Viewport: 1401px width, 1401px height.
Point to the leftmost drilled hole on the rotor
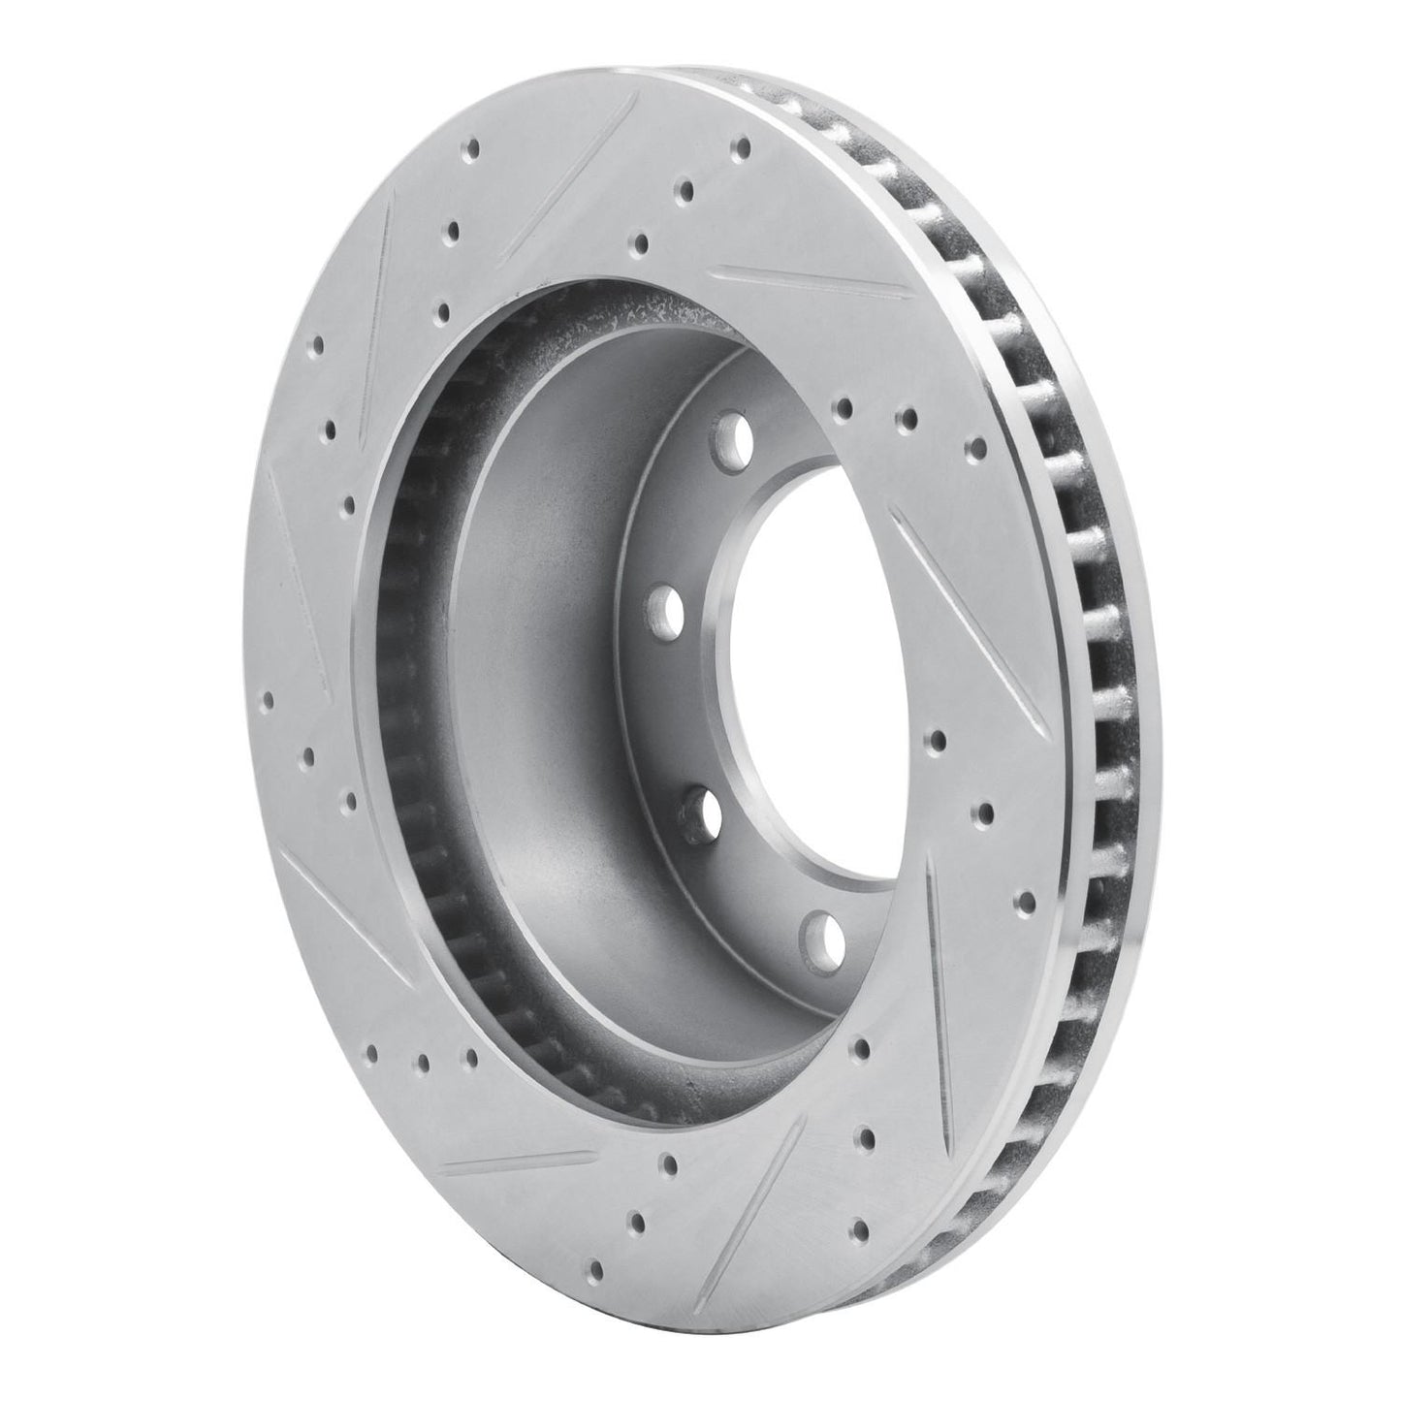269,700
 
